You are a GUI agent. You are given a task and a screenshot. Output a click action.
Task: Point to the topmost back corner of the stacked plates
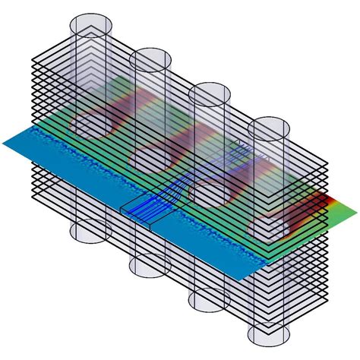point(99,30)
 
